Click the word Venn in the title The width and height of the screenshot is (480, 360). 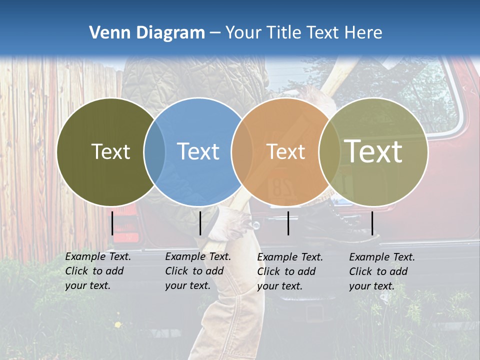tap(105, 33)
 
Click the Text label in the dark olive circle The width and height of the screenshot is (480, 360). tap(110, 151)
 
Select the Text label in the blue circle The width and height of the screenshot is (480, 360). tap(198, 151)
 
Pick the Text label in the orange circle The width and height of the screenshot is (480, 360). tap(285, 151)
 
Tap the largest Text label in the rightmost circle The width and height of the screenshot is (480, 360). tap(373, 151)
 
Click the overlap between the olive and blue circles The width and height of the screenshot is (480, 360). tap(154, 151)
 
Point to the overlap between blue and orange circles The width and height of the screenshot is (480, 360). tap(242, 151)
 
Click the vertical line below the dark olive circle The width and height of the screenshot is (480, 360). tap(112, 223)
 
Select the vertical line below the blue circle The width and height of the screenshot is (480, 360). tap(200, 223)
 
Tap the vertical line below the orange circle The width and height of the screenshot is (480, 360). tap(288, 223)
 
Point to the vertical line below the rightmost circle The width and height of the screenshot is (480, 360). tap(372, 223)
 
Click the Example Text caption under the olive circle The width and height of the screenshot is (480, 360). tap(97, 271)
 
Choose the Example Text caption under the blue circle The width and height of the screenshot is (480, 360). tap(197, 271)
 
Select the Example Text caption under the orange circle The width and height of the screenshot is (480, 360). tap(289, 271)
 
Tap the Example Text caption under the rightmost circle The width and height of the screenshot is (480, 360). tap(381, 271)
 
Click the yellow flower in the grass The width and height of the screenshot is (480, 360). tap(118, 325)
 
